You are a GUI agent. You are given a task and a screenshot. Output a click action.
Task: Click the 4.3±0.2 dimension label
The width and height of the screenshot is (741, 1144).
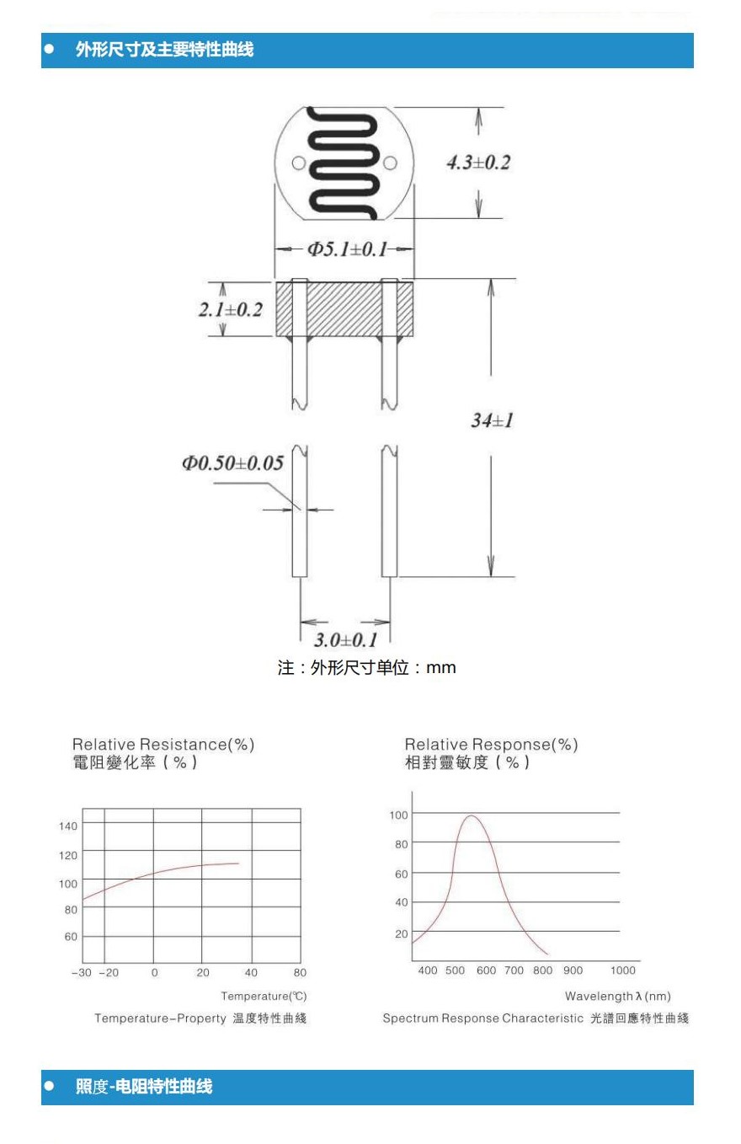coord(477,163)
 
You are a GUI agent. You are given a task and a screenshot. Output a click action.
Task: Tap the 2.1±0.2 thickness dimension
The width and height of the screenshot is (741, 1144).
coord(230,309)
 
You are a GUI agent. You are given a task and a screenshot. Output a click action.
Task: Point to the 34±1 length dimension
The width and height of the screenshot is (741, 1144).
coord(492,420)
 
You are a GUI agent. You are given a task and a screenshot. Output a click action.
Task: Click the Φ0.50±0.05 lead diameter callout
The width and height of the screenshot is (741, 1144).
coord(232,463)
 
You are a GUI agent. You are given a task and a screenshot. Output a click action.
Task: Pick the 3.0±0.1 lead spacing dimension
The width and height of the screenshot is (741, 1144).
coord(346,639)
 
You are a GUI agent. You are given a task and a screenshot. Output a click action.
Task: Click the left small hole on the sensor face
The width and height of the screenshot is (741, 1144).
coord(298,163)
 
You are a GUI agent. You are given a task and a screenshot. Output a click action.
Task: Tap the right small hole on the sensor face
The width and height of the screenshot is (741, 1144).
coord(389,163)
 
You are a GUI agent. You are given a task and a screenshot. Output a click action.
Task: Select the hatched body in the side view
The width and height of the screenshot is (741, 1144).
coord(344,308)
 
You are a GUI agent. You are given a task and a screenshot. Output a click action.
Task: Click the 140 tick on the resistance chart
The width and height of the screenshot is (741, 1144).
coord(68,826)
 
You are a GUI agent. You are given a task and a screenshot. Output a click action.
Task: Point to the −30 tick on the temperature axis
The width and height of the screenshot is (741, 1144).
coord(81,972)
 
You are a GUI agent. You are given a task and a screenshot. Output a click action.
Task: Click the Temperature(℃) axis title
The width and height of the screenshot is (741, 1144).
coord(264,997)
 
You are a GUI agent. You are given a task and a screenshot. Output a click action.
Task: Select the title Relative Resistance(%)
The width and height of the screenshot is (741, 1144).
coord(163,745)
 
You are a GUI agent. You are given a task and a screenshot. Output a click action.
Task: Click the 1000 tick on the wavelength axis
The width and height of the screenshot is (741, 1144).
coord(623,970)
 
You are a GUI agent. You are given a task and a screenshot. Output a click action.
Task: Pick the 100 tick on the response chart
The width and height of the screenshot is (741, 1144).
coord(398,815)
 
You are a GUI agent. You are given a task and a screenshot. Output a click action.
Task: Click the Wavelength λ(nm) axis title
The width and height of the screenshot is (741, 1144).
coord(618,997)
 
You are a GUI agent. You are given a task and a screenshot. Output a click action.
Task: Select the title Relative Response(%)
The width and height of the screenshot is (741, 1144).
coord(491,745)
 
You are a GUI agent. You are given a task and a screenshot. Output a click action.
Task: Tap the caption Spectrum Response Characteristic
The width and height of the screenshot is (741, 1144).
coord(482,1018)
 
